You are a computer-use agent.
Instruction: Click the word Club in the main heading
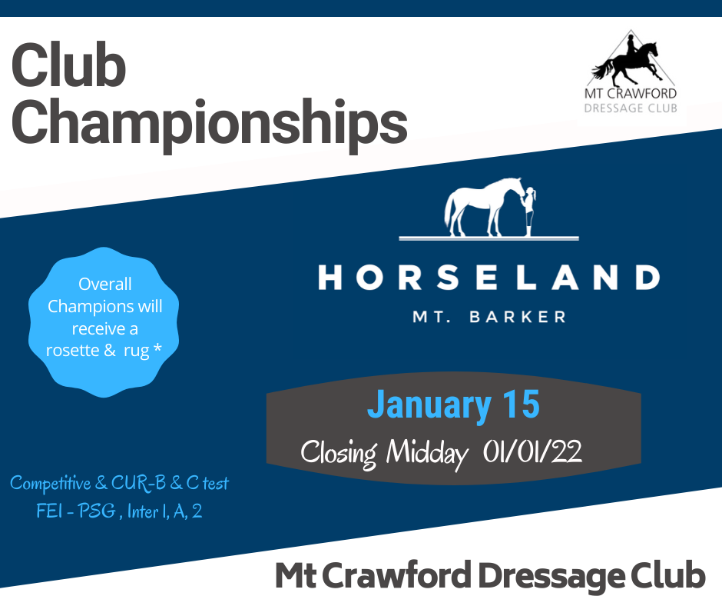click(x=68, y=65)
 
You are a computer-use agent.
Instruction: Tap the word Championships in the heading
click(x=210, y=123)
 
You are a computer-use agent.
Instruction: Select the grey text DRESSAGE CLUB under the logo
click(x=631, y=108)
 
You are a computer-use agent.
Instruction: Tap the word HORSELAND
click(x=489, y=278)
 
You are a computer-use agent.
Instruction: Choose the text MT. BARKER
click(x=489, y=317)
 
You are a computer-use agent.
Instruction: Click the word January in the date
click(x=429, y=406)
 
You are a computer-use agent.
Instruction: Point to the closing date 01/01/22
click(x=532, y=451)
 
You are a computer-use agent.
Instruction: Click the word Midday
click(x=426, y=454)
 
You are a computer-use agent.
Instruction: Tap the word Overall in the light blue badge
click(x=105, y=284)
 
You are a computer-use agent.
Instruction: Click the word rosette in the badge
click(x=73, y=351)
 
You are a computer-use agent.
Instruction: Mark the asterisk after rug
click(x=157, y=348)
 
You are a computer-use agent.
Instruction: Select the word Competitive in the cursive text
click(x=51, y=484)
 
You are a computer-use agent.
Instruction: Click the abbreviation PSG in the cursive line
click(x=96, y=511)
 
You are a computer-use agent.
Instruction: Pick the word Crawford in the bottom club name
click(x=397, y=575)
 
